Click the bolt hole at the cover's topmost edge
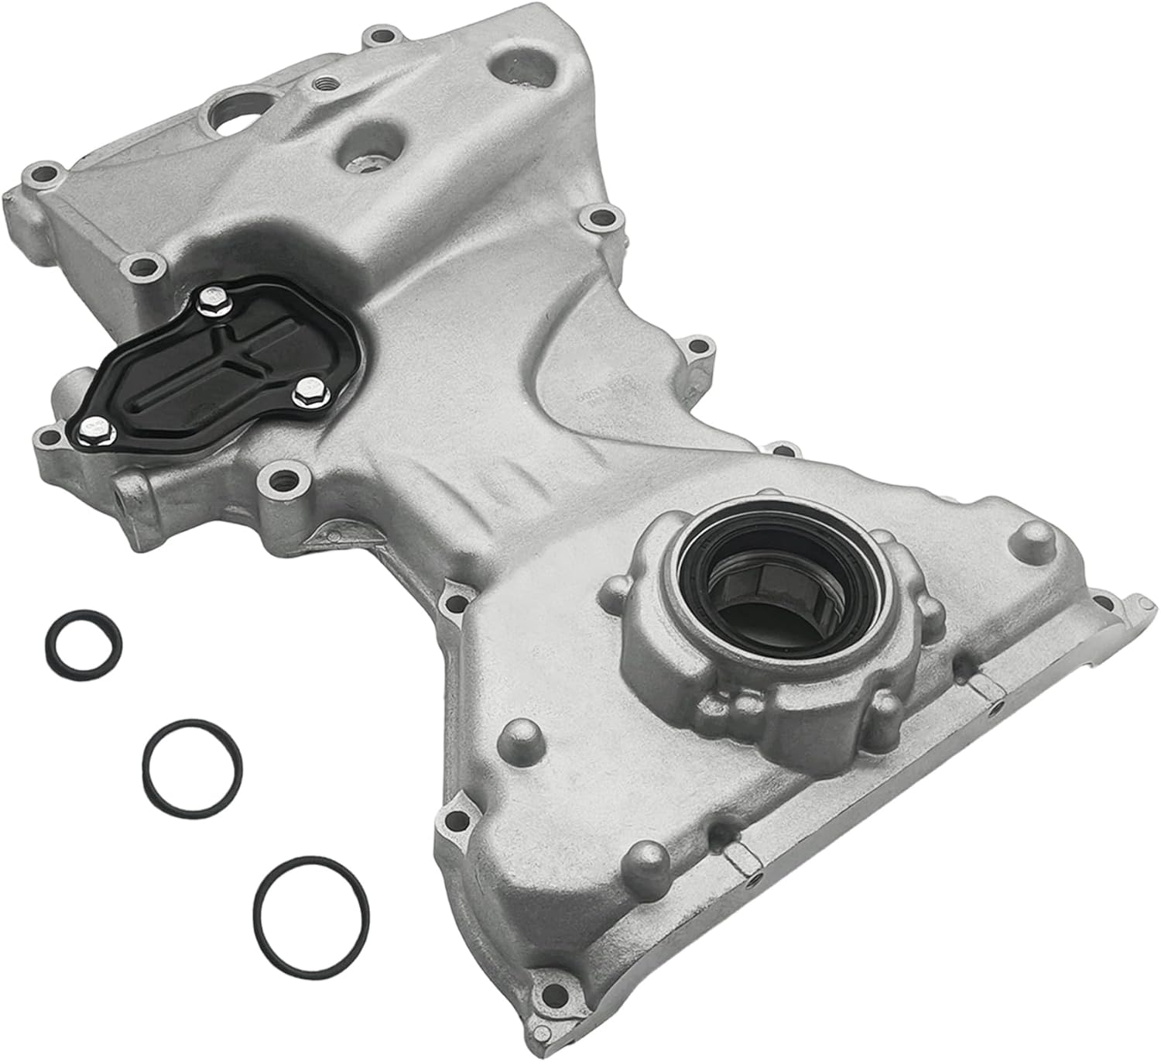tap(379, 35)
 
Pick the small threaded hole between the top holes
tap(321, 80)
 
